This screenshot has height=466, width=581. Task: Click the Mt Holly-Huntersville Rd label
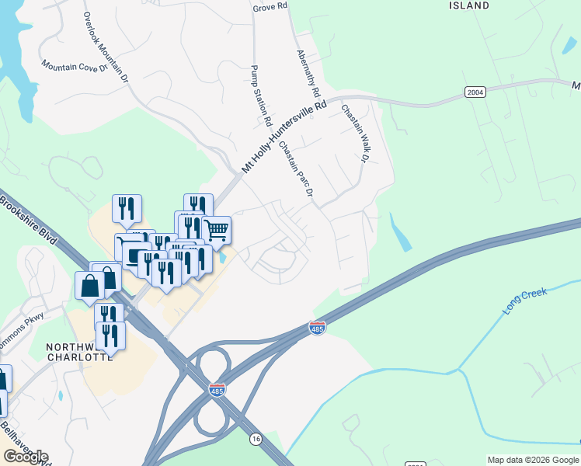coord(284,137)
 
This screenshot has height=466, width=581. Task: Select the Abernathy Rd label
coord(308,74)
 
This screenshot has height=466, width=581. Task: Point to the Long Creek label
coord(525,301)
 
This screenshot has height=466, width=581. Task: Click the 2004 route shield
coord(475,92)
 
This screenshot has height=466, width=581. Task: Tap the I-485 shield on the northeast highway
coord(317,328)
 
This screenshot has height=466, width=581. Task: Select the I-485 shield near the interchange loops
coord(217,390)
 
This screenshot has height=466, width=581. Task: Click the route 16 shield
coord(256,439)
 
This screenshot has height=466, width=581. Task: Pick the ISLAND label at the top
coord(469,5)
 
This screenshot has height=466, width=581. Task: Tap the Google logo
coord(26,456)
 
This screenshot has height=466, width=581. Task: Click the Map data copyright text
coord(532,460)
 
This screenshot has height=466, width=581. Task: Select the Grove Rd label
coord(270,6)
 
